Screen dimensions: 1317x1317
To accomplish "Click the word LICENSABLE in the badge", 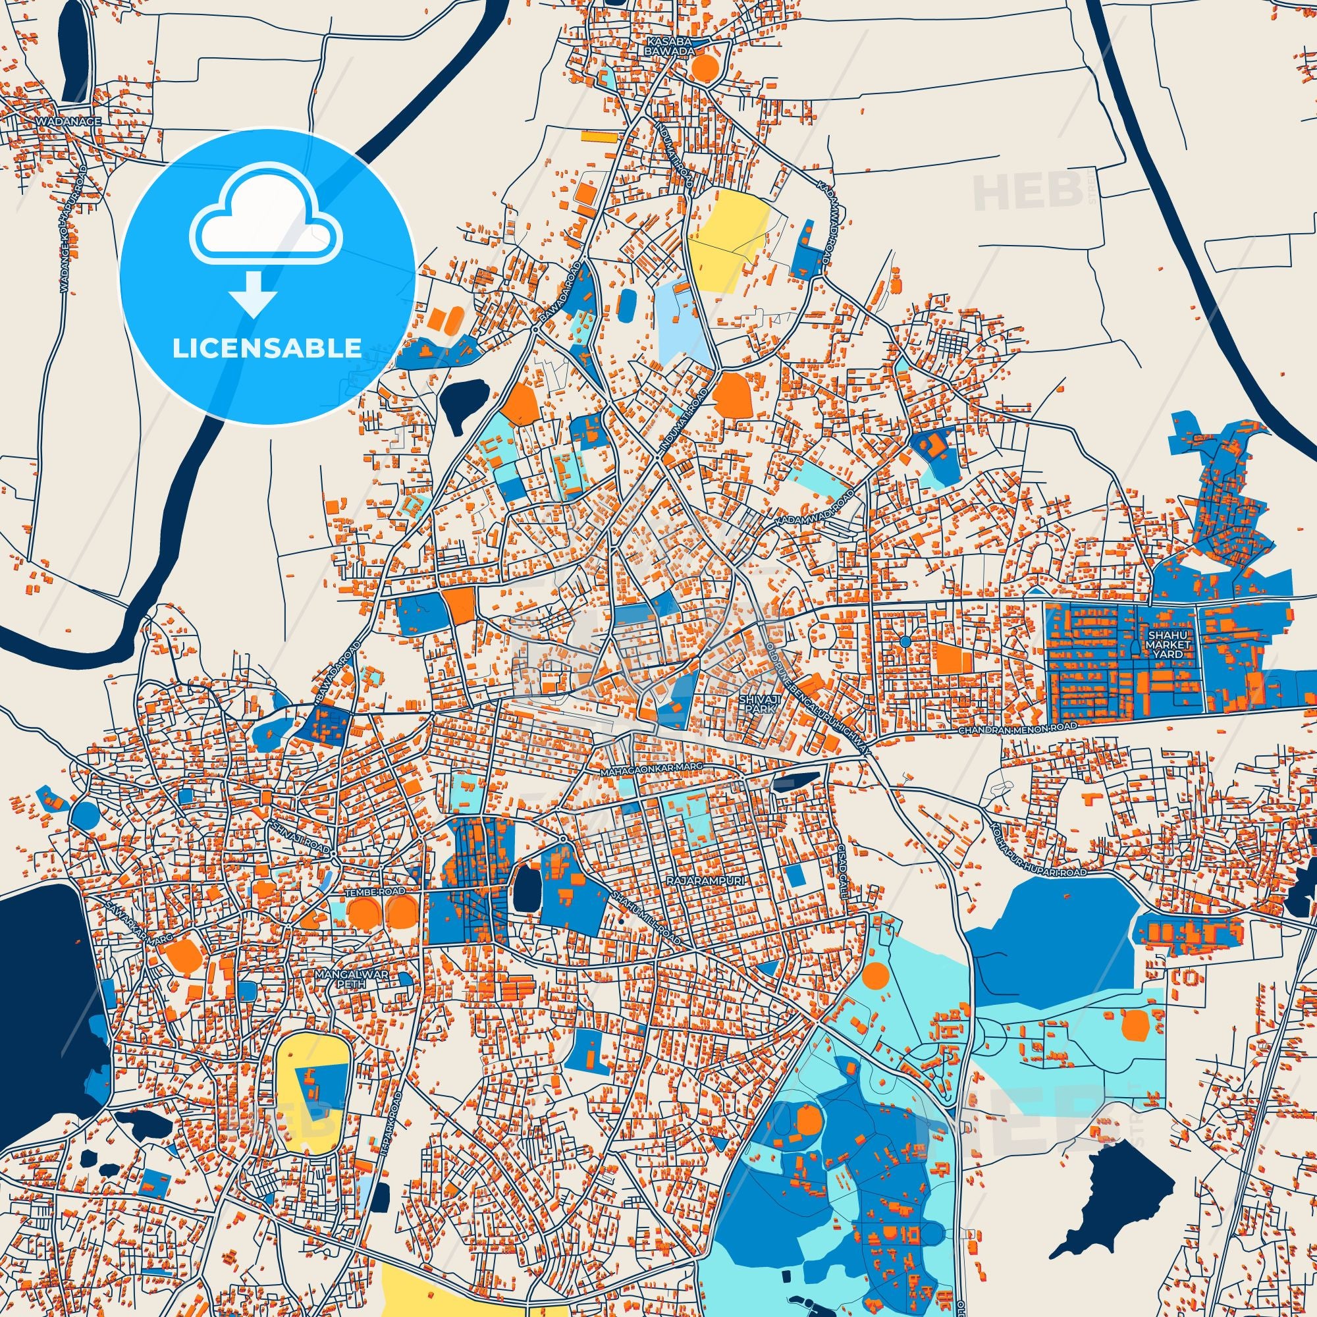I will coord(267,348).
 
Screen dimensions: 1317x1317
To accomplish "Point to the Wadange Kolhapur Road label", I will coord(74,230).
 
